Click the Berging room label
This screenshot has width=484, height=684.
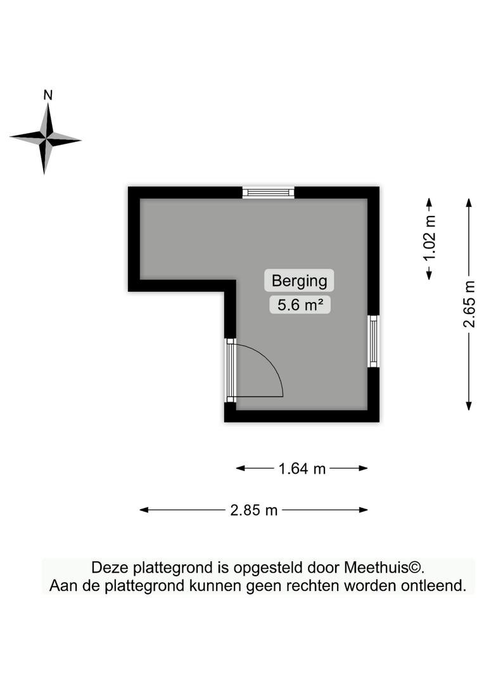[x=299, y=281]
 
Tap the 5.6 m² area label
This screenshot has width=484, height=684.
[x=300, y=305]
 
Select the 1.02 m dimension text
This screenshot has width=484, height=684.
[x=430, y=238]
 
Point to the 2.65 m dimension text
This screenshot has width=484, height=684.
[x=469, y=305]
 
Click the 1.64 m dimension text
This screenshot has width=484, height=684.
[x=302, y=469]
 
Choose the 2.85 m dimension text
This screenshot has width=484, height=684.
[x=254, y=509]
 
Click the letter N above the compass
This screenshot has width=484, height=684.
[x=48, y=95]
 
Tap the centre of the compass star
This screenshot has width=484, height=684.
[x=46, y=139]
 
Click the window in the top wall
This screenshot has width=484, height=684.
[x=269, y=193]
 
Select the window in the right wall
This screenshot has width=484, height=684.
[x=373, y=341]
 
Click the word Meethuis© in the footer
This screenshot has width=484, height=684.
[x=384, y=567]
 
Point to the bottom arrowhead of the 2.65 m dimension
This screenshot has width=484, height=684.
[x=469, y=406]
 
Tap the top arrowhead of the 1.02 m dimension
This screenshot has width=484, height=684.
[x=429, y=203]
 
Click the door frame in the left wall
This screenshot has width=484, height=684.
[x=231, y=370]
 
